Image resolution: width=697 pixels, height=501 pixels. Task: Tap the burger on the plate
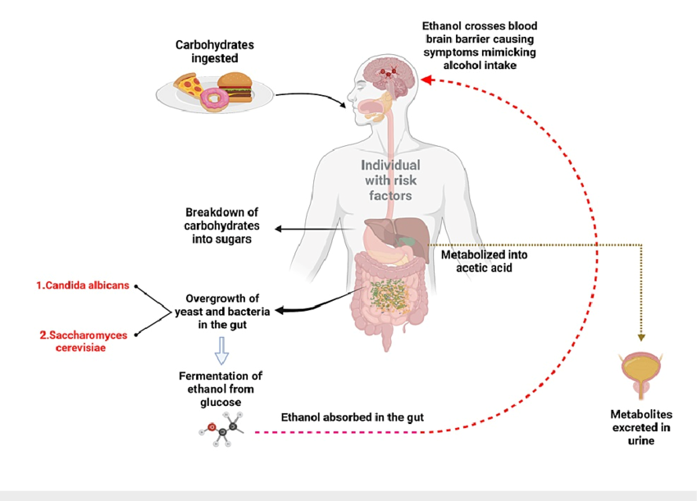click(236, 84)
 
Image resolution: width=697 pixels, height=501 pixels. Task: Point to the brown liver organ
click(386, 234)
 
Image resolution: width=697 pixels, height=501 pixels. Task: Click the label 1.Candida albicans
click(82, 285)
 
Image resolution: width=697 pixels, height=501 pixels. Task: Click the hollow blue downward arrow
click(220, 352)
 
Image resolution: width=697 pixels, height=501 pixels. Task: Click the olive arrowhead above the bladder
click(640, 337)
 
